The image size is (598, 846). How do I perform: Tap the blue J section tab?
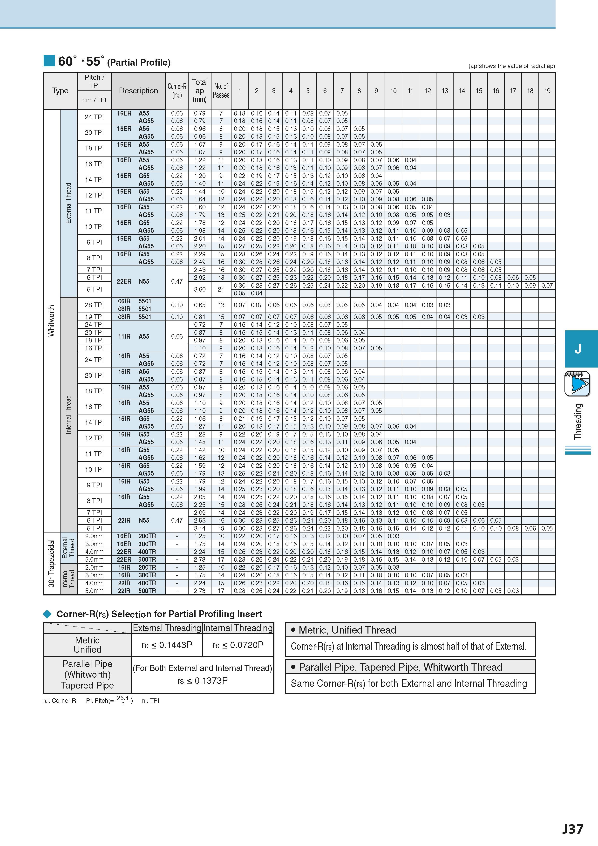coord(581,348)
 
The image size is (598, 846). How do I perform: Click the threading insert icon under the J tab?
coord(577,384)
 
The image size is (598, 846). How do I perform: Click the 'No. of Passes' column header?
coord(221,91)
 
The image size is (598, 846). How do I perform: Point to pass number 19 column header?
coord(547,91)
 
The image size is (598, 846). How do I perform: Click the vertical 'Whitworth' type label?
coord(51,321)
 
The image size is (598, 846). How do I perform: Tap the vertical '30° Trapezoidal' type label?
coord(51,563)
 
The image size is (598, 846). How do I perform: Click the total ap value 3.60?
coord(200,289)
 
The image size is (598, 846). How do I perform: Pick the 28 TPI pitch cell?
coord(94,305)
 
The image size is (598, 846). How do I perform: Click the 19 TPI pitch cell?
coord(94,317)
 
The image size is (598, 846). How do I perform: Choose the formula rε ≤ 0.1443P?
coord(167,645)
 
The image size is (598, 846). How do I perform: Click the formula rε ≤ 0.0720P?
coord(238,645)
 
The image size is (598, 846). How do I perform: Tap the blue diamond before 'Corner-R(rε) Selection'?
coord(48,614)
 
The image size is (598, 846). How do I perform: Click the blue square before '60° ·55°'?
coord(49,61)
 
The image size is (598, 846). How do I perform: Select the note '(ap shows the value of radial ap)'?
coord(512,66)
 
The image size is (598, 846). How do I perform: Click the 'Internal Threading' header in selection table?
coord(238,628)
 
